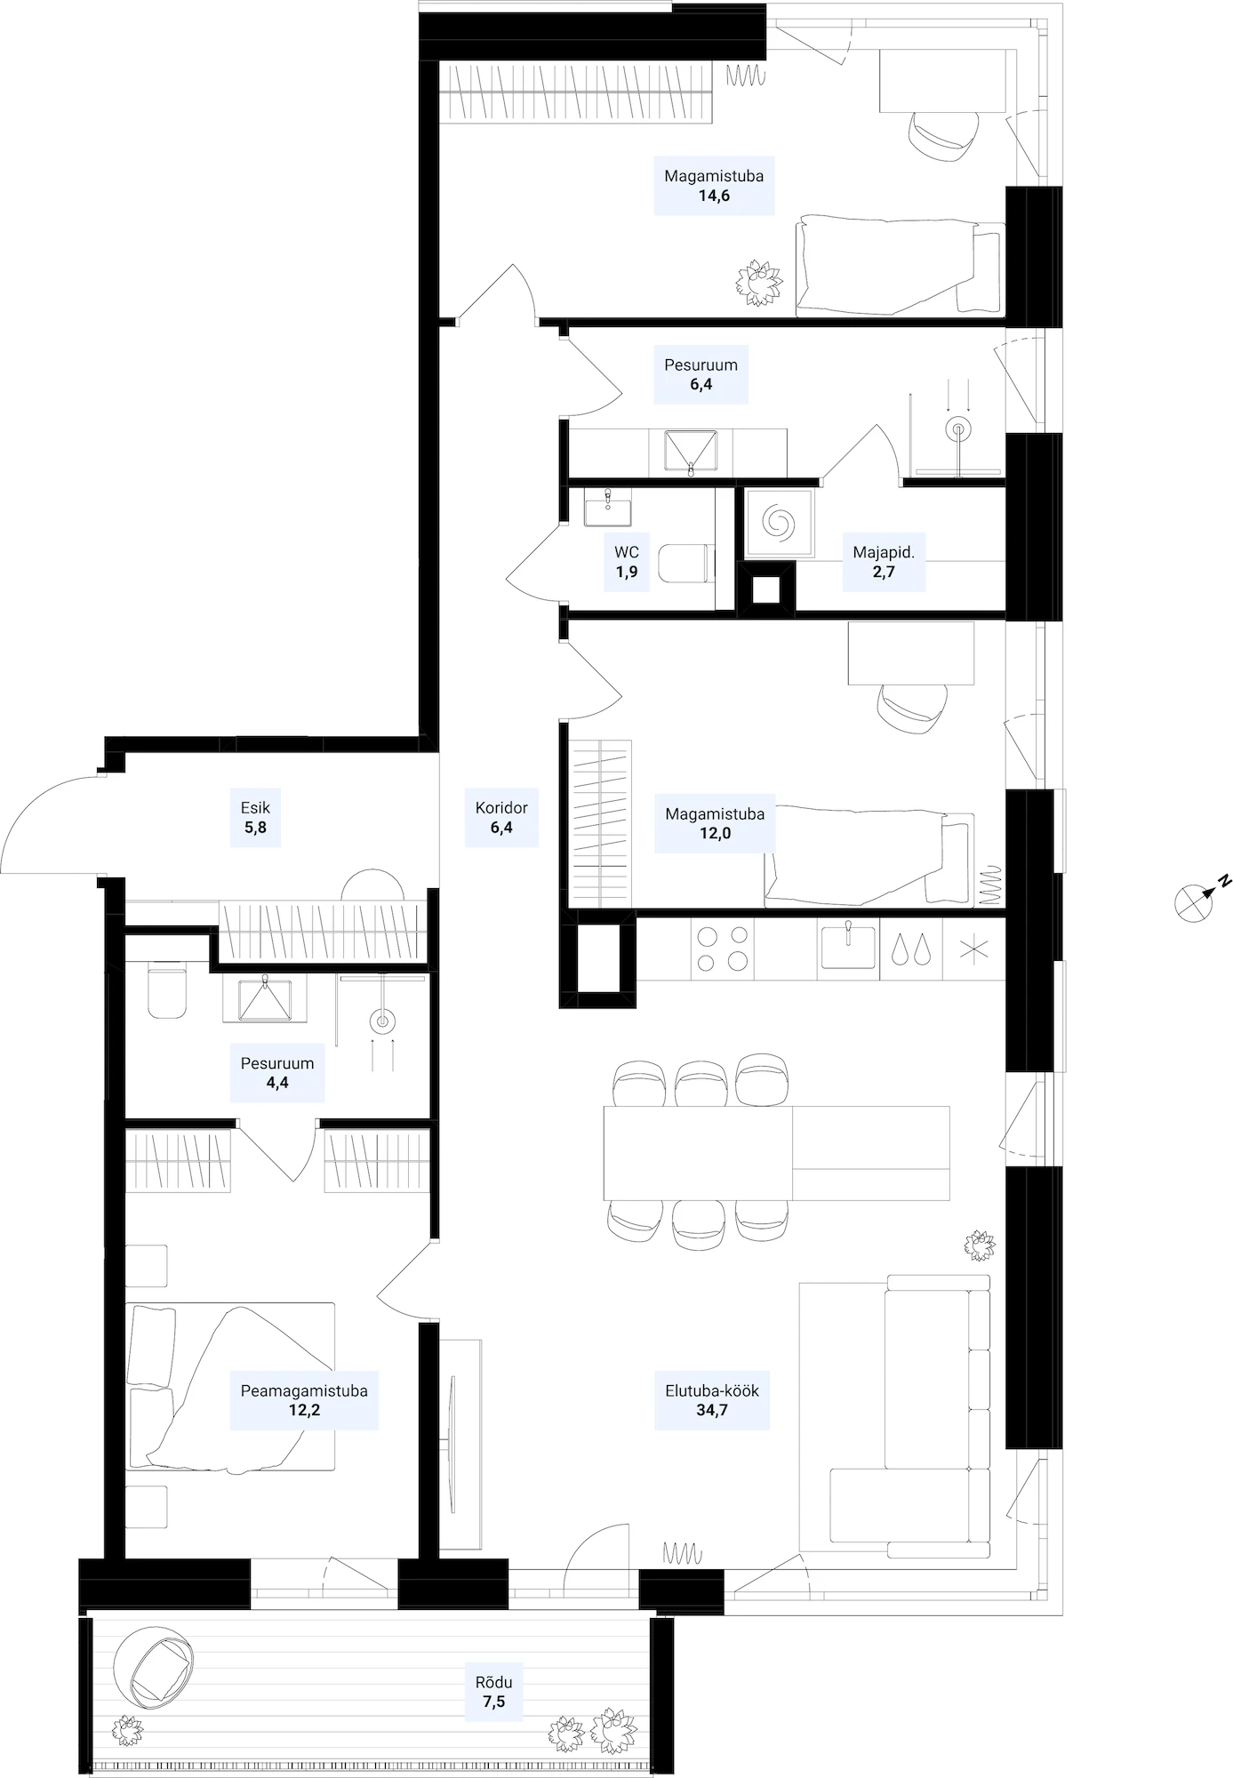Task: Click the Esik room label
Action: point(255,808)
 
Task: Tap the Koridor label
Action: point(501,808)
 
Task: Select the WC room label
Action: point(627,552)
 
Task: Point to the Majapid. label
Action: point(884,552)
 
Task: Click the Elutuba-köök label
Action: point(712,1390)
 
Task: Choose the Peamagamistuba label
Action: point(304,1390)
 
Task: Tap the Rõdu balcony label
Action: point(493,1682)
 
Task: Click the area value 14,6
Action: point(714,196)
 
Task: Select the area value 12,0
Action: point(715,833)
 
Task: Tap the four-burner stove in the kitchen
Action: point(722,949)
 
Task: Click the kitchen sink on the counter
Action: point(848,945)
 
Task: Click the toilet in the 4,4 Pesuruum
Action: point(167,992)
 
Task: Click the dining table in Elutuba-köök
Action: point(776,1153)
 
